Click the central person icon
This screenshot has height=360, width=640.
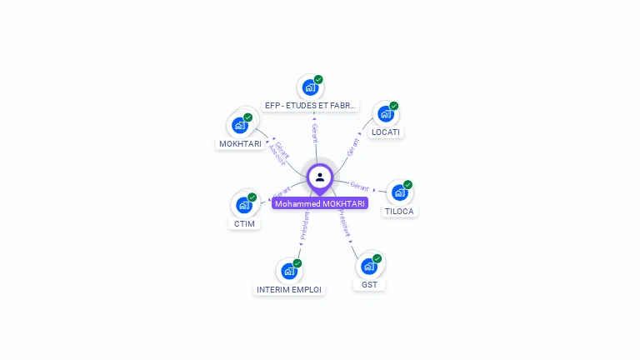[320, 177]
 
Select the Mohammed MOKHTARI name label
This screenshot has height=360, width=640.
[320, 203]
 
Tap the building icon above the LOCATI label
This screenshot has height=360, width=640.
[384, 113]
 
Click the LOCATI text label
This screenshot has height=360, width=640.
[386, 132]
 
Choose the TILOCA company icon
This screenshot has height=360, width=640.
[399, 192]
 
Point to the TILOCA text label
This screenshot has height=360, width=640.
[399, 211]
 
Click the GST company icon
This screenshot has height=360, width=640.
[369, 267]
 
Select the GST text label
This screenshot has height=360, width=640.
[369, 285]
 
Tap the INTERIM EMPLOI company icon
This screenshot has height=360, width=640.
[288, 271]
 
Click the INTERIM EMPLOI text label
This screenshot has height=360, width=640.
[289, 289]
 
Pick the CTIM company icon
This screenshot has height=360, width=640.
[244, 205]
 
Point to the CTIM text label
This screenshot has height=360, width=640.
[244, 223]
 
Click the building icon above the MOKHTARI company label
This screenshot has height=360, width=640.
[240, 125]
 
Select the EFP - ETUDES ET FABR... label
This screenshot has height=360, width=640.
[311, 106]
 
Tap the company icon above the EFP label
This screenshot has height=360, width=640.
[310, 87]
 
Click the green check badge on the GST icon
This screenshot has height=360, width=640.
[377, 258]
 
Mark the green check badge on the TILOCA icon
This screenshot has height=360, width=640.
[407, 184]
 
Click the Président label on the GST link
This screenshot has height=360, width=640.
[344, 223]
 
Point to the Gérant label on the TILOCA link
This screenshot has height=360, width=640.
[360, 186]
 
